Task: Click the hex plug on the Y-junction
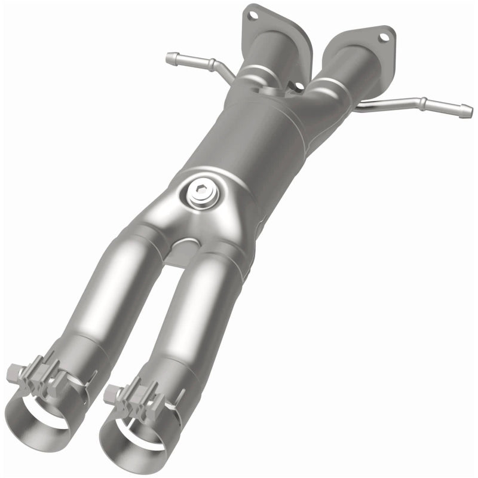click(198, 194)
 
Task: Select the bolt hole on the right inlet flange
click(383, 36)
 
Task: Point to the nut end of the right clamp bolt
click(110, 395)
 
